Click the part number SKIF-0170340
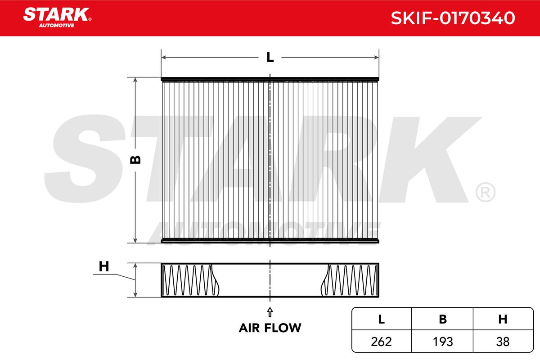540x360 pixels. coord(453,18)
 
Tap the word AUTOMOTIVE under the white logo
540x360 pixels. coord(56,26)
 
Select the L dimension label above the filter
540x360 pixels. coord(270,58)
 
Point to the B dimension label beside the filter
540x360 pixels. coord(135,160)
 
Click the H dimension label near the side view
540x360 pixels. coord(104,266)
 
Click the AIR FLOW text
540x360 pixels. coord(270,328)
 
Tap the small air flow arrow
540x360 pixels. coord(270,312)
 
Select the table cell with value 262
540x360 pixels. coord(382,342)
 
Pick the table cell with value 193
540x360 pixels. coord(443,342)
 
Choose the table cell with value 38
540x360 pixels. coord(503,342)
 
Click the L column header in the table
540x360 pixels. coord(382,319)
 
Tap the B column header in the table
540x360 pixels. coord(443,319)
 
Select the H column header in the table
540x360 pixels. coord(503,319)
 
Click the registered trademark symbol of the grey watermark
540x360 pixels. coord(486,192)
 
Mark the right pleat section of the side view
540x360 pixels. coord(350,280)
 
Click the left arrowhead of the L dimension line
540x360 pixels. coord(163,58)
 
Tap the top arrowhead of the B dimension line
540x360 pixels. coord(135,80)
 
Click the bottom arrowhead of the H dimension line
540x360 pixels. coord(135,295)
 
